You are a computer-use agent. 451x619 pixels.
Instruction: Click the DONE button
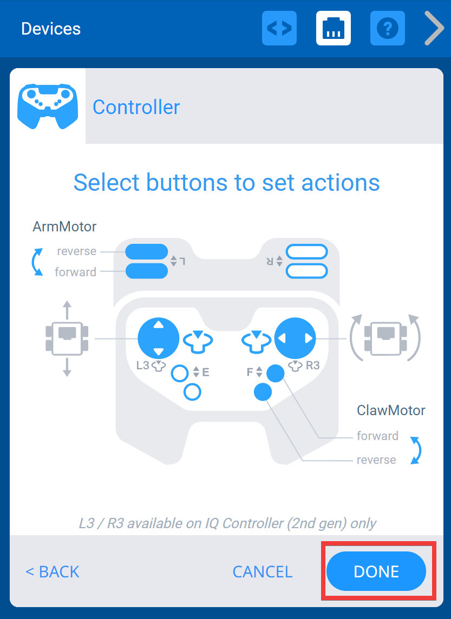(376, 571)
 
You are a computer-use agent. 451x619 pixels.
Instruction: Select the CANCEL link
(262, 571)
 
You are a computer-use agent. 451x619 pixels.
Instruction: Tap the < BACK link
(53, 571)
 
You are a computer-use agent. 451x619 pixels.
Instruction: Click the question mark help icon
(387, 28)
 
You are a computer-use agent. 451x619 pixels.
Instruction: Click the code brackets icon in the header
(279, 28)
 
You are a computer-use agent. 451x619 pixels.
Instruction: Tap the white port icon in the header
(334, 28)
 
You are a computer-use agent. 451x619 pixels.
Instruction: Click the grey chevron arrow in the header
(434, 28)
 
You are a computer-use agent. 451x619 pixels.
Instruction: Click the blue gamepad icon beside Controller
(48, 106)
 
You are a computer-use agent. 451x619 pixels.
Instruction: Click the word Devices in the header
(51, 29)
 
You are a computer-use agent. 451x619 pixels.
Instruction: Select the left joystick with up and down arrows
(158, 338)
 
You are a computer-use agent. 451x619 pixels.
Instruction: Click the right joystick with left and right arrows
(295, 338)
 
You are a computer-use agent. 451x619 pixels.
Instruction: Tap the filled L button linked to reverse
(147, 252)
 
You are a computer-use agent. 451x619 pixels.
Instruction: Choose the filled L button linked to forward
(147, 271)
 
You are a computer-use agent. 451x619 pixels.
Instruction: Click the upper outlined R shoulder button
(307, 252)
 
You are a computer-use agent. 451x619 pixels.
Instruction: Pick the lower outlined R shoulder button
(307, 271)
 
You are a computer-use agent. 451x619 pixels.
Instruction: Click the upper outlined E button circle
(180, 373)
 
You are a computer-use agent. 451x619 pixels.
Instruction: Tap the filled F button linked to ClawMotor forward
(276, 373)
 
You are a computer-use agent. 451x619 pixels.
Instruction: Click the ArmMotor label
(64, 226)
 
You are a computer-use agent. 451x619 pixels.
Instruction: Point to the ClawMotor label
(391, 410)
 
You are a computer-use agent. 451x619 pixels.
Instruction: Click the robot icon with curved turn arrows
(385, 338)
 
